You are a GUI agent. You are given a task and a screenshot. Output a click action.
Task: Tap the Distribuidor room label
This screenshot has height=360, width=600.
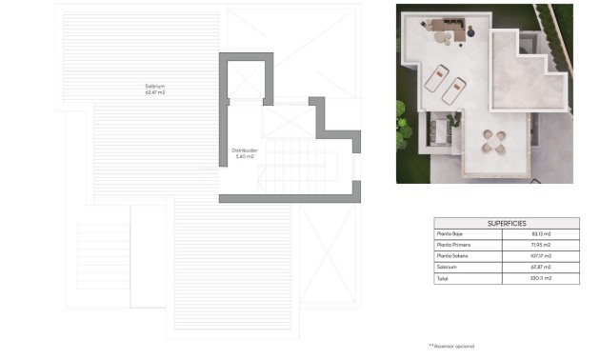coord(245,150)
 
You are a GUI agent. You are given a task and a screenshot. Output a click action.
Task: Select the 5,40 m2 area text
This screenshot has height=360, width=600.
coord(245,156)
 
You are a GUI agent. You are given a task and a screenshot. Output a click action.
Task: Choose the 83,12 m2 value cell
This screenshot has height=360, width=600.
coord(541,234)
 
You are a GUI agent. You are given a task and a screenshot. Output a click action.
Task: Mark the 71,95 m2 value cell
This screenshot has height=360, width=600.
coord(541,246)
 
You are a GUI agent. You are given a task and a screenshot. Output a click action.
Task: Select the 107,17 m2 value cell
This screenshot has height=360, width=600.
coord(541,256)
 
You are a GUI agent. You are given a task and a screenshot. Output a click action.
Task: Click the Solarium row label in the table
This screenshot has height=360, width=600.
coord(447,268)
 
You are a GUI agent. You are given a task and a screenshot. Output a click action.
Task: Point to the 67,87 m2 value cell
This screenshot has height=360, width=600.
coord(541,268)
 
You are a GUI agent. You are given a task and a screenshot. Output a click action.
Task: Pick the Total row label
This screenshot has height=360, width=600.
coord(442,278)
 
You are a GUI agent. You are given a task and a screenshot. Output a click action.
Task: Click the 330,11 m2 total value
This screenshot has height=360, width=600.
coord(541,278)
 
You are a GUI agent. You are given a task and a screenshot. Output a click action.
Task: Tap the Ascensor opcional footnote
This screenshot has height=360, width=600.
coord(451,345)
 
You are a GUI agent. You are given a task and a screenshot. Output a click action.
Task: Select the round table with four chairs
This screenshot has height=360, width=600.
coord(493,142)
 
